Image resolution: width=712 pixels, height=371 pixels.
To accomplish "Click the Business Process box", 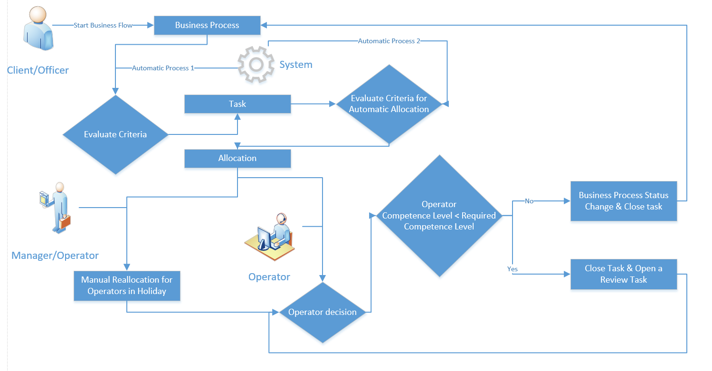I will (207, 25).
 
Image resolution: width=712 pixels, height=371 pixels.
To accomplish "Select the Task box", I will (237, 104).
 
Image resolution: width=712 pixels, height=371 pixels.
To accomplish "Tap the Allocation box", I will (237, 158).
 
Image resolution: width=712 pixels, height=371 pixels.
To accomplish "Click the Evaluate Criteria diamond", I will (115, 134).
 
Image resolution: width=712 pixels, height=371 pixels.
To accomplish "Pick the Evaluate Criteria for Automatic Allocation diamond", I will (389, 104).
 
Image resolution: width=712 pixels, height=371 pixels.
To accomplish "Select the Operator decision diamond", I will (323, 312).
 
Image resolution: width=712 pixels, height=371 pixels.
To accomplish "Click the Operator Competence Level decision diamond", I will (439, 216).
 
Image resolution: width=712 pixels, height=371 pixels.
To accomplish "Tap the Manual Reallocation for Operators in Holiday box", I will (127, 285).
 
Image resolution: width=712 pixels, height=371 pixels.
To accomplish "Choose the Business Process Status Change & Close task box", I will (623, 201).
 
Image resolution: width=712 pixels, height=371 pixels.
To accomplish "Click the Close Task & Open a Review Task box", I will (623, 274).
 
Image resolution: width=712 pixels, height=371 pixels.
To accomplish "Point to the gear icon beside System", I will (256, 65).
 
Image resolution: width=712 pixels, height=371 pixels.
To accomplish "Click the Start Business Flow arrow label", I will (103, 25).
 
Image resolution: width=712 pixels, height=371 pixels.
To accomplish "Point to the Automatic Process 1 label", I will (163, 68).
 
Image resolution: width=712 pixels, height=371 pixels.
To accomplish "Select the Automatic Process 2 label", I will (389, 41).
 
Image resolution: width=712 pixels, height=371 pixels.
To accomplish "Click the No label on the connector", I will (529, 201).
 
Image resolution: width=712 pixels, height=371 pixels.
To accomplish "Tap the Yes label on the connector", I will (513, 269).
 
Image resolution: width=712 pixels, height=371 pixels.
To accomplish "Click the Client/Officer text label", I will (38, 70).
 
